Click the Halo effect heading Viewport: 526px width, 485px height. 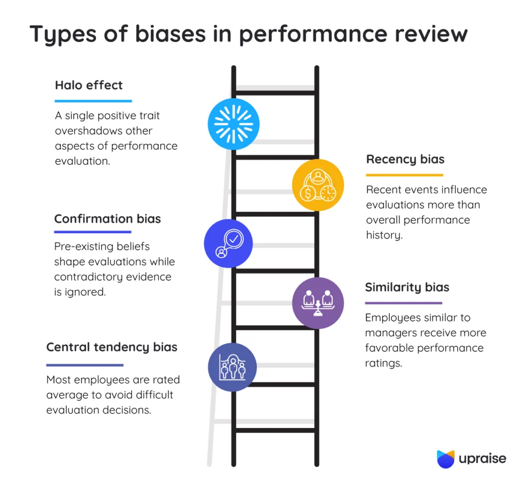point(89,85)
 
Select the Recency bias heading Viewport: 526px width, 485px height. point(405,159)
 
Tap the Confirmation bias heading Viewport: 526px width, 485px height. point(107,219)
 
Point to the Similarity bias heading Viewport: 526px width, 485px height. point(407,287)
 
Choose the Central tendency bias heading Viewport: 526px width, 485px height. point(111,347)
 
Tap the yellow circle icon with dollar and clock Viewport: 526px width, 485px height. point(317,185)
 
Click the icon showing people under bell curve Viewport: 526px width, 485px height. point(232,367)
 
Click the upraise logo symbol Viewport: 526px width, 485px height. point(445,459)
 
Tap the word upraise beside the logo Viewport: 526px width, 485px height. point(482,459)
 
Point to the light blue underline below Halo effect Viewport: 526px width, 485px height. point(93,101)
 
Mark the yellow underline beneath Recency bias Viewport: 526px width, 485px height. point(404,175)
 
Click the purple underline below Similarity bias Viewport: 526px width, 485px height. point(403,303)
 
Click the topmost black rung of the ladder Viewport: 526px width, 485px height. point(275,92)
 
